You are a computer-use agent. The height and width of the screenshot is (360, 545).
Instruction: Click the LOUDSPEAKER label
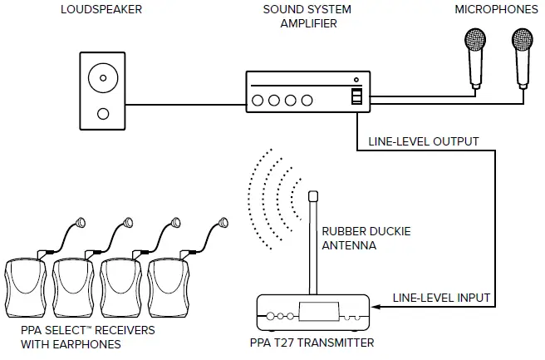[x=101, y=10]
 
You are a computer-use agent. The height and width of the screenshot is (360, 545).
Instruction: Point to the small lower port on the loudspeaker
[x=102, y=113]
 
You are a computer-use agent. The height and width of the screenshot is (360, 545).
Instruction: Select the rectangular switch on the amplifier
[x=356, y=97]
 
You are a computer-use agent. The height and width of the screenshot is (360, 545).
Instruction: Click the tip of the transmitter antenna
[x=314, y=195]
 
